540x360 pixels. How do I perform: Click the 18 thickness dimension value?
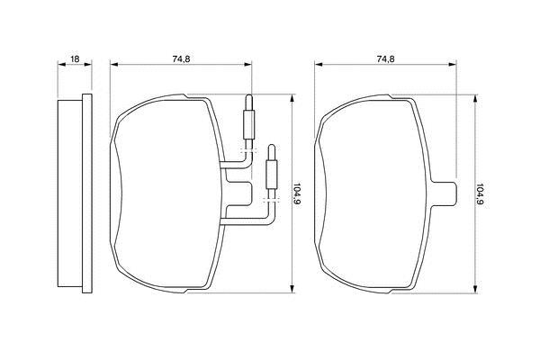(x=75, y=58)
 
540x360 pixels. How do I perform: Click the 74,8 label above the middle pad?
(x=181, y=58)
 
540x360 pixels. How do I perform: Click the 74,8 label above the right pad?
(x=386, y=58)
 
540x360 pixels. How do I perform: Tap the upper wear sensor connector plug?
(x=248, y=117)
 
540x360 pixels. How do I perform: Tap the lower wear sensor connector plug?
(x=272, y=166)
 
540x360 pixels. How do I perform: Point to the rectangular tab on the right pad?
(x=445, y=194)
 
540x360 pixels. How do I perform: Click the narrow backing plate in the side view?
(x=87, y=193)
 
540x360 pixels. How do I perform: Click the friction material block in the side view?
(x=70, y=193)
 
